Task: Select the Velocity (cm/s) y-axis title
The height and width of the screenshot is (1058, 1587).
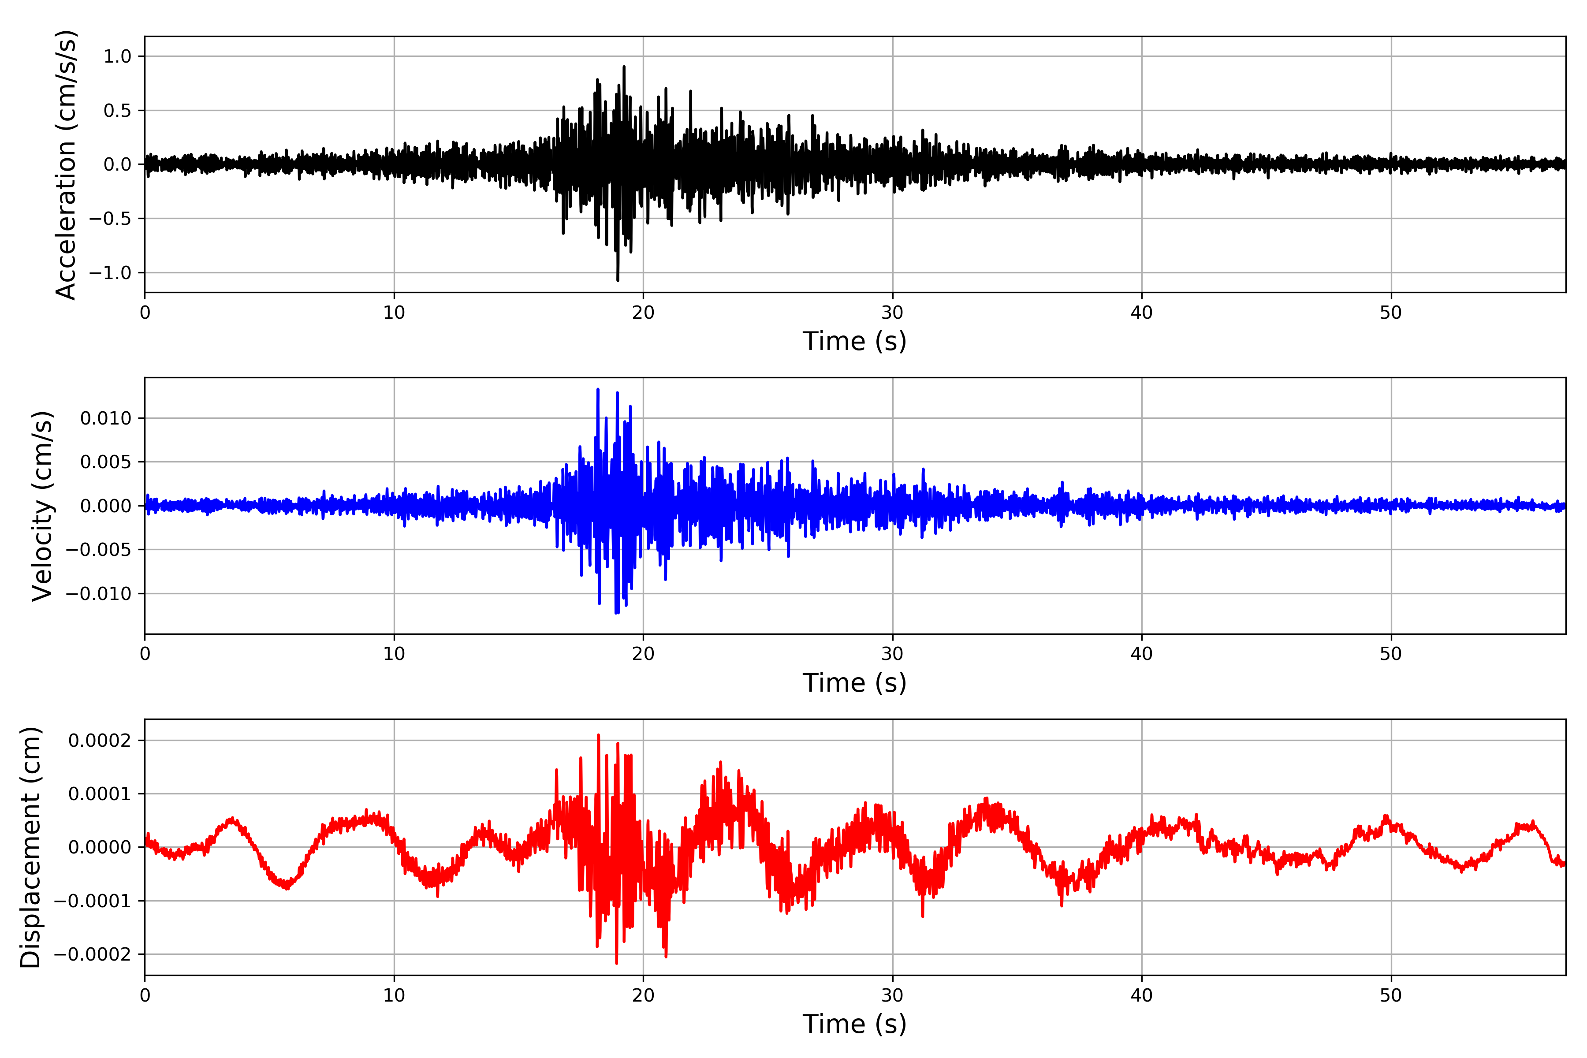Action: [42, 506]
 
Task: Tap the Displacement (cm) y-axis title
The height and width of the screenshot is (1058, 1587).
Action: [30, 847]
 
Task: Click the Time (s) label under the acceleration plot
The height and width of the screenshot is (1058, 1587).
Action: [854, 341]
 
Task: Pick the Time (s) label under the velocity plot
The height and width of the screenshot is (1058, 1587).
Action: [854, 683]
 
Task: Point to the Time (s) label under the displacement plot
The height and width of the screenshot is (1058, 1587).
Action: [854, 1024]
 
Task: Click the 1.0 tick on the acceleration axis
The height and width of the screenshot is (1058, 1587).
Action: [117, 57]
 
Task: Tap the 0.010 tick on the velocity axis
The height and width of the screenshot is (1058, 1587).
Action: [106, 418]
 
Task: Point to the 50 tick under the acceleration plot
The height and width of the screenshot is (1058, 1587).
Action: [1391, 313]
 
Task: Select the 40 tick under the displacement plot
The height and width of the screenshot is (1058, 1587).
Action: [1142, 995]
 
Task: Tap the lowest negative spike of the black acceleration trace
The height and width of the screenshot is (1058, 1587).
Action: [618, 280]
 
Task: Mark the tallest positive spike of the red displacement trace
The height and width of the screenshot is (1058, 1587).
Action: [599, 735]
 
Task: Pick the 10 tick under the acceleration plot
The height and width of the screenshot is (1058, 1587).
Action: [394, 313]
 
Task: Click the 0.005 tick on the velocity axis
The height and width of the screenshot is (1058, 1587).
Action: [106, 462]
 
